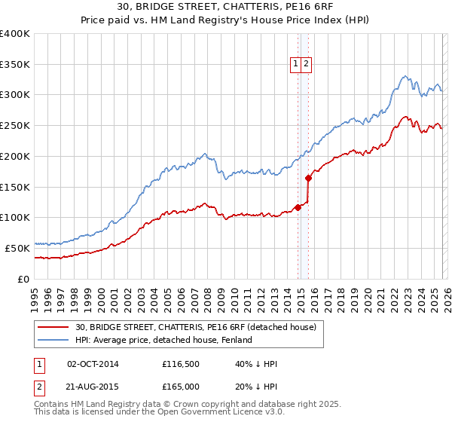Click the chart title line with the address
tap(225, 7)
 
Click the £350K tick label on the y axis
tap(15, 65)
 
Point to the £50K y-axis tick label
tap(17, 248)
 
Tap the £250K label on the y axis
tap(15, 126)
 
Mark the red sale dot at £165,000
tap(309, 179)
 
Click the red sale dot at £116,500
tap(298, 207)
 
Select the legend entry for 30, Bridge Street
tap(200, 327)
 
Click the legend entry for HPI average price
tap(169, 340)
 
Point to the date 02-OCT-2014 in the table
tap(93, 364)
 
